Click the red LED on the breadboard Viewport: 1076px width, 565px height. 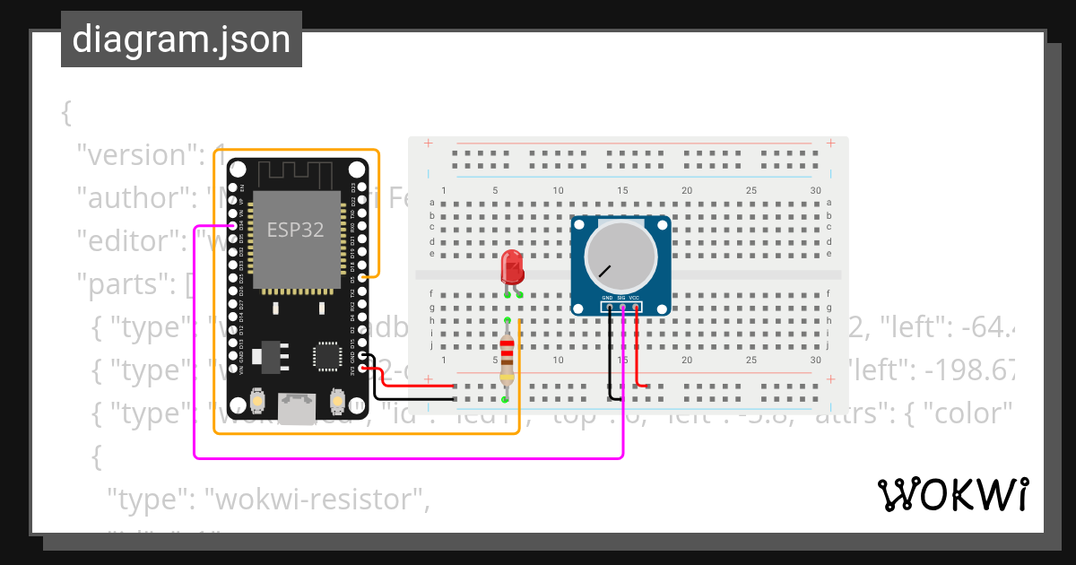pyautogui.click(x=512, y=266)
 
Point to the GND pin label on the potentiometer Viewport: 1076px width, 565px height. pyautogui.click(x=607, y=297)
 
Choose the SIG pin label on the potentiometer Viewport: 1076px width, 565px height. pyautogui.click(x=620, y=297)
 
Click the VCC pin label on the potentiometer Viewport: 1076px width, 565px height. pyautogui.click(x=634, y=297)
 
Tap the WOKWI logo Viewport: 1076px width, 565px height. pyautogui.click(x=952, y=494)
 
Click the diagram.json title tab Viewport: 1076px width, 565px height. pyautogui.click(x=181, y=39)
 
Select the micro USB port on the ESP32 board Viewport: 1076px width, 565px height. pyautogui.click(x=297, y=407)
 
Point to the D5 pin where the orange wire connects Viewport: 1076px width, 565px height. pyautogui.click(x=361, y=277)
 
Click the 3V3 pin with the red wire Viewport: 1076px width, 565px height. pyautogui.click(x=361, y=368)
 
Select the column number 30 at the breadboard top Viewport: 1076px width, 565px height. pyautogui.click(x=814, y=190)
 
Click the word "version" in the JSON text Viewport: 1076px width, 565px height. pyautogui.click(x=131, y=155)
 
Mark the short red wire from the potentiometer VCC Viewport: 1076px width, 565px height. pyautogui.click(x=638, y=350)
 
